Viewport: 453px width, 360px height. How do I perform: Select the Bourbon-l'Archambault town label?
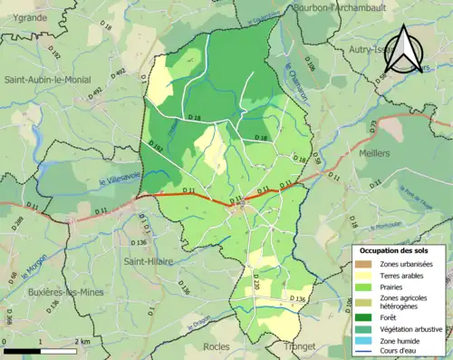313,8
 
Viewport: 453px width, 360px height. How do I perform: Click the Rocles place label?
217,346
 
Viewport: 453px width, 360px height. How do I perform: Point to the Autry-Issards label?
371,53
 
